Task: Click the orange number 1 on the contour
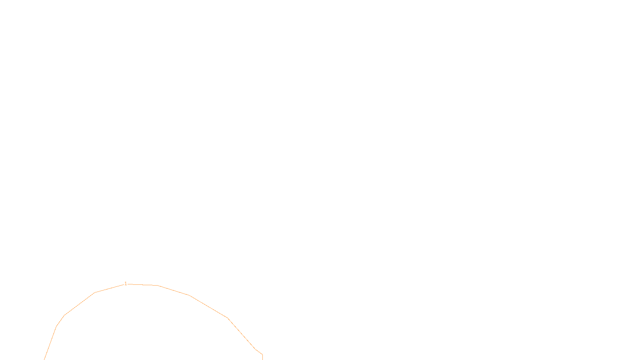[x=126, y=284]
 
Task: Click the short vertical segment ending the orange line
[x=262, y=357]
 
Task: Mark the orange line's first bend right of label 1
[x=158, y=285]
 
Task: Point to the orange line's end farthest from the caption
[x=44, y=359]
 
